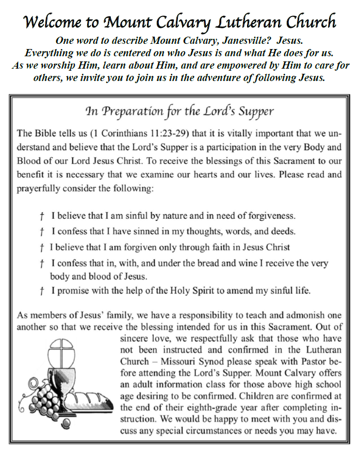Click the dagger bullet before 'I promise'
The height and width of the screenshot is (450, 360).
[x=41, y=291]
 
